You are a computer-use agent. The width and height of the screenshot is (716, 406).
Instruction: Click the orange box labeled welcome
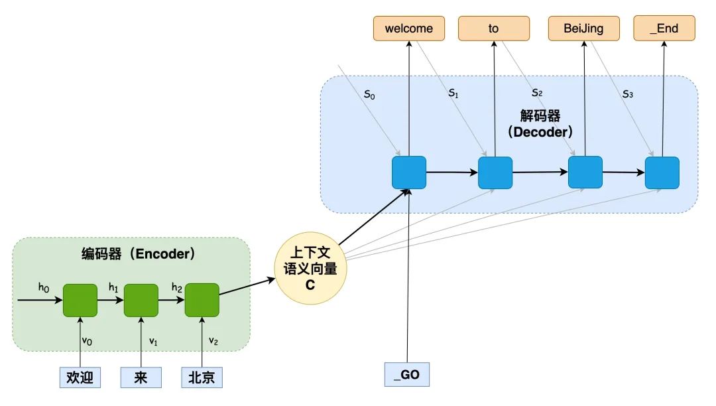[408, 29]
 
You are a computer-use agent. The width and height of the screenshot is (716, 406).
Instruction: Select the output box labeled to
[494, 29]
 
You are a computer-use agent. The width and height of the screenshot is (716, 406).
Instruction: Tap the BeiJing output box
[584, 29]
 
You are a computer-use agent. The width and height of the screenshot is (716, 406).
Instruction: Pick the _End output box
[664, 29]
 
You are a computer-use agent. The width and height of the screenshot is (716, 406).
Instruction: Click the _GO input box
[407, 375]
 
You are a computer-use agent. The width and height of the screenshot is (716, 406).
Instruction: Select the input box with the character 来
[142, 377]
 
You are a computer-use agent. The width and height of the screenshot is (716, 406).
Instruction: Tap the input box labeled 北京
[202, 377]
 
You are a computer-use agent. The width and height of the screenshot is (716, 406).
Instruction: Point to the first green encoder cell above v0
[80, 301]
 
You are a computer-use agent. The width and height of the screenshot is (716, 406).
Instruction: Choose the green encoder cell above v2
[202, 301]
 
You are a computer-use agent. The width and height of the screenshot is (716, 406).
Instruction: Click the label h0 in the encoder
[44, 287]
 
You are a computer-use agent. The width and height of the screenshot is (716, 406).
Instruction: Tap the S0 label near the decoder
[369, 95]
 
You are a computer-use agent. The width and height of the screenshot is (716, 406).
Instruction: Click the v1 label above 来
[152, 342]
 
